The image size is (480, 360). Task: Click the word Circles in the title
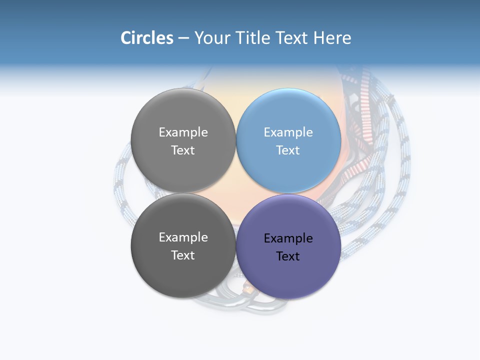click(146, 38)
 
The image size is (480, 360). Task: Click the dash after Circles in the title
click(183, 38)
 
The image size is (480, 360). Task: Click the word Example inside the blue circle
click(288, 132)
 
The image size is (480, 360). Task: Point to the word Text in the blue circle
click(288, 150)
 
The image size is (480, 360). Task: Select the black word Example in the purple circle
click(288, 238)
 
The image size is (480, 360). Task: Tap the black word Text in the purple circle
click(288, 256)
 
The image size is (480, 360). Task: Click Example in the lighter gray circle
click(183, 132)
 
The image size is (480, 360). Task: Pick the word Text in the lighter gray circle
click(183, 150)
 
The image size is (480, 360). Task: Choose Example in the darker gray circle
click(183, 237)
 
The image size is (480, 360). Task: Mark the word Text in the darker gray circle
click(183, 255)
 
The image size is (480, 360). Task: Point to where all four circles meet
click(236, 193)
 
